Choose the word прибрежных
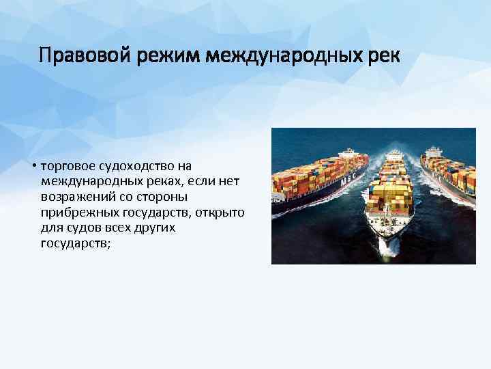pyautogui.click(x=73, y=213)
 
